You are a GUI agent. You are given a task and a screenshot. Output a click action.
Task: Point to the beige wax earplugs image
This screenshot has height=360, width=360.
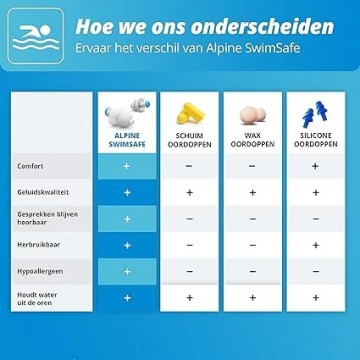pos(251,112)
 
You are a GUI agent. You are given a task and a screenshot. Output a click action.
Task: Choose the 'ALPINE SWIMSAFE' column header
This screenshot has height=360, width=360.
pos(126,141)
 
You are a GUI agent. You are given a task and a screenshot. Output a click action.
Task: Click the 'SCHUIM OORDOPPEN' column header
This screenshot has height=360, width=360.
pos(189,141)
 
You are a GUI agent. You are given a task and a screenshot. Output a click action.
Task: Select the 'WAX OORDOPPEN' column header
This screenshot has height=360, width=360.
pos(252,141)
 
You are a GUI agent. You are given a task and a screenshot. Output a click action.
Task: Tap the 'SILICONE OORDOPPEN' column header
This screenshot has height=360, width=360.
pos(314,141)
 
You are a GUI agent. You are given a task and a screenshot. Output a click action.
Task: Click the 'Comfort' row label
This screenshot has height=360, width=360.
pos(30,166)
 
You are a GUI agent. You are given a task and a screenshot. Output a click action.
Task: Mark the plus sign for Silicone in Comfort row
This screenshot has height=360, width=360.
pos(314,166)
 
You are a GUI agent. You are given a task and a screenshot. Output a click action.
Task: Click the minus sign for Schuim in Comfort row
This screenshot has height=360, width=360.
pos(189,166)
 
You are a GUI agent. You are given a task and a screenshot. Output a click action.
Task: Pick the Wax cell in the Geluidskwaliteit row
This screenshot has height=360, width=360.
pos(252,192)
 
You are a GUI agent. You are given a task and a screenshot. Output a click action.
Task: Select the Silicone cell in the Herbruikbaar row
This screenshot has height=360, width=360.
pos(314,244)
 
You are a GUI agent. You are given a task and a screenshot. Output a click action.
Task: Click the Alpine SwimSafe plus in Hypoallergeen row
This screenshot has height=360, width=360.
pos(126,270)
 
